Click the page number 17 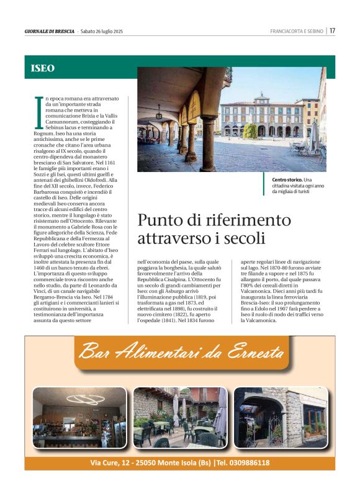coord(333,30)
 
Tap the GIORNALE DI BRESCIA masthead coord(50,31)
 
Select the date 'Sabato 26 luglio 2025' coord(103,31)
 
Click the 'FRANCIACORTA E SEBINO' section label coord(297,31)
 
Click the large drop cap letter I coord(38,107)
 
